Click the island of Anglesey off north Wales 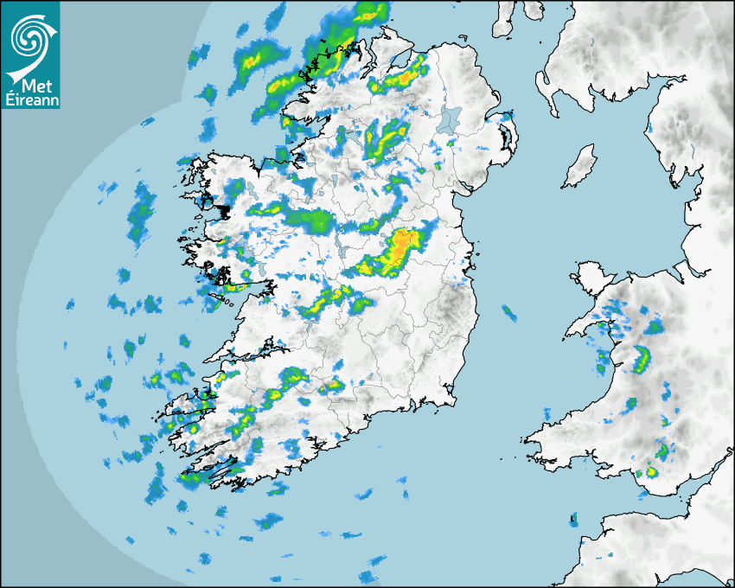[588, 283]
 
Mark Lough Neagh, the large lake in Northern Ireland [448, 118]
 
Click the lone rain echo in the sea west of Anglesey [509, 313]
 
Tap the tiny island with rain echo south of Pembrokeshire [572, 520]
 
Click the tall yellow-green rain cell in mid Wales [642, 357]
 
